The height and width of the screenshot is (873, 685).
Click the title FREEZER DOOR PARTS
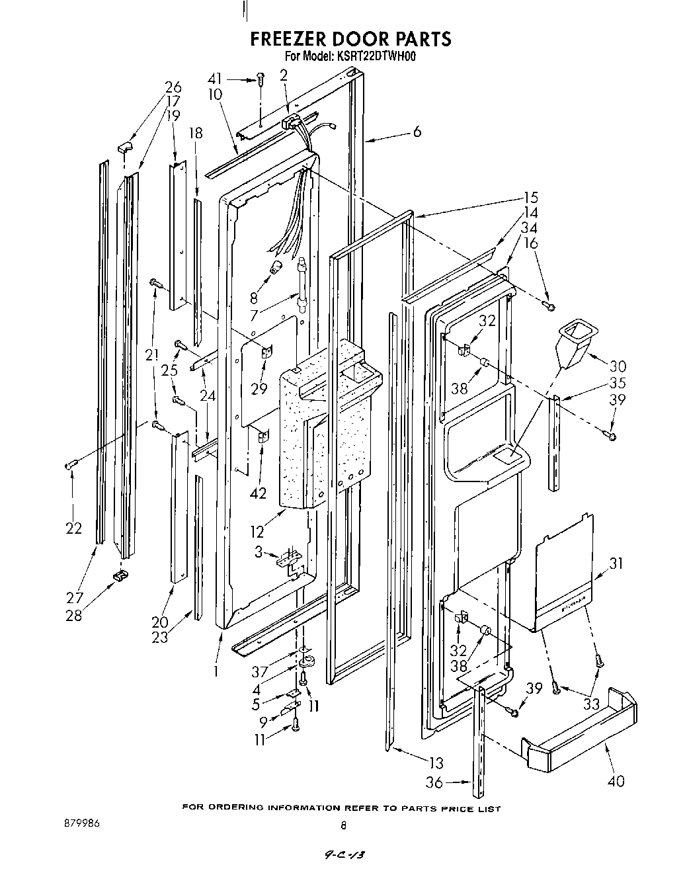tap(350, 39)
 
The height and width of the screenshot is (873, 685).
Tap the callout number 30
tap(618, 366)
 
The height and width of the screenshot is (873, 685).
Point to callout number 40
tap(616, 781)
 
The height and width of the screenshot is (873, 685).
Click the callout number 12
tap(257, 531)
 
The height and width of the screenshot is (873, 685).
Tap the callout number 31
tap(616, 563)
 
